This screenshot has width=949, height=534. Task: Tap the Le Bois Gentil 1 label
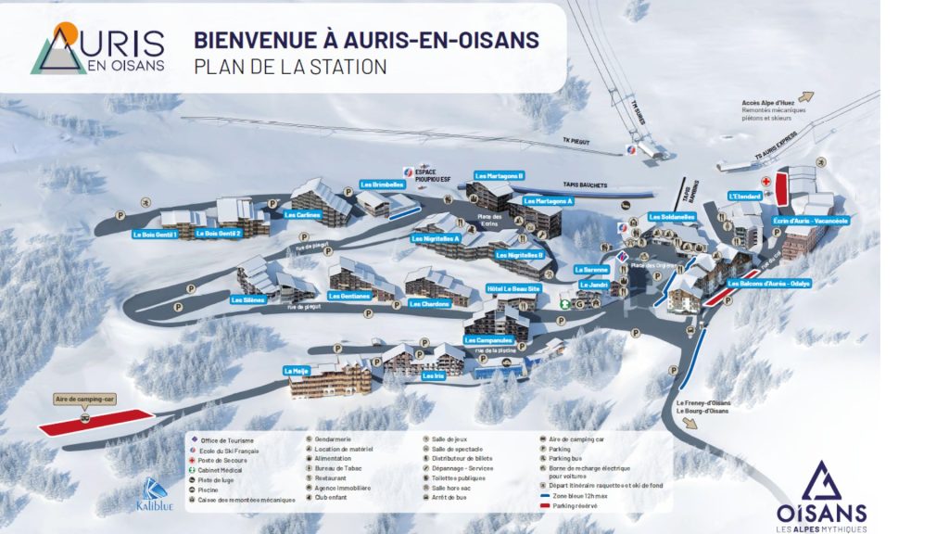[155, 235]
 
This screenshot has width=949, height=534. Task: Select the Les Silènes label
[248, 299]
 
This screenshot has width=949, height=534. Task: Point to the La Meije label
[296, 370]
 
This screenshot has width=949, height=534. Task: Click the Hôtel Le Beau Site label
[513, 288]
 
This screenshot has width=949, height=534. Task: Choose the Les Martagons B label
[500, 175]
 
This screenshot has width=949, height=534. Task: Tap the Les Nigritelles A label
[435, 237]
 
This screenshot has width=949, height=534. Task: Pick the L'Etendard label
[745, 196]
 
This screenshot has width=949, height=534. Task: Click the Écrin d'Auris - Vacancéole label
[811, 221]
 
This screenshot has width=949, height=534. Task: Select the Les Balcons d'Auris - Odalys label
[769, 284]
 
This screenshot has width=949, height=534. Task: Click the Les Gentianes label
[348, 297]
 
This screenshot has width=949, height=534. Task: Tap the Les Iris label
[433, 375]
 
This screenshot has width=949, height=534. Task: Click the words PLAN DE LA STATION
[290, 67]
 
